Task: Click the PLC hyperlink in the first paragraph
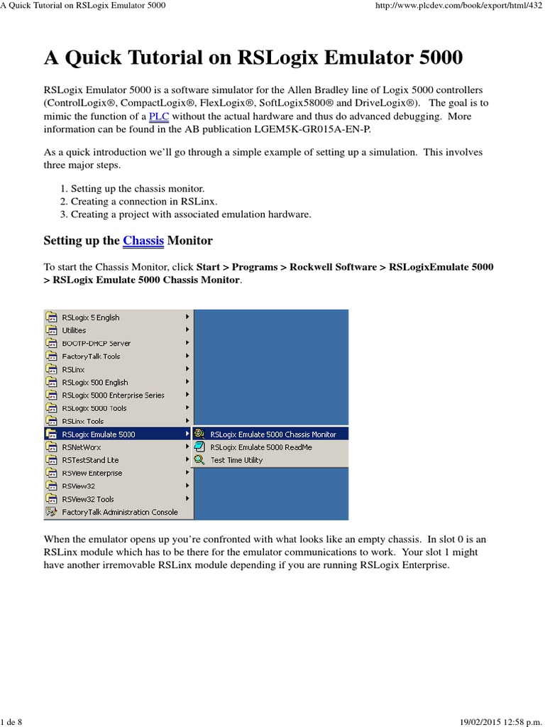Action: [x=158, y=116]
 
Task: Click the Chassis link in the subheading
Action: [x=143, y=241]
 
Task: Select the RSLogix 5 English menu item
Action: [x=91, y=317]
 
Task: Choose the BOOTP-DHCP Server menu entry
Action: [x=96, y=343]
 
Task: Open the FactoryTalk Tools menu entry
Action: [x=91, y=356]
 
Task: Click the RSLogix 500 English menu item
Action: [x=95, y=382]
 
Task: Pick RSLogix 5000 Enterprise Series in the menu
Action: [x=113, y=395]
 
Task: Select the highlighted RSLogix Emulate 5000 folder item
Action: [x=98, y=434]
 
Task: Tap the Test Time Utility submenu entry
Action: [x=236, y=460]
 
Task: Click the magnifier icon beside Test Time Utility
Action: [x=199, y=460]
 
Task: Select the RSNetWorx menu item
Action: [x=82, y=447]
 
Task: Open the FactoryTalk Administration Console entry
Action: [x=119, y=512]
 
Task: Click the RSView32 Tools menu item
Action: [x=88, y=499]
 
